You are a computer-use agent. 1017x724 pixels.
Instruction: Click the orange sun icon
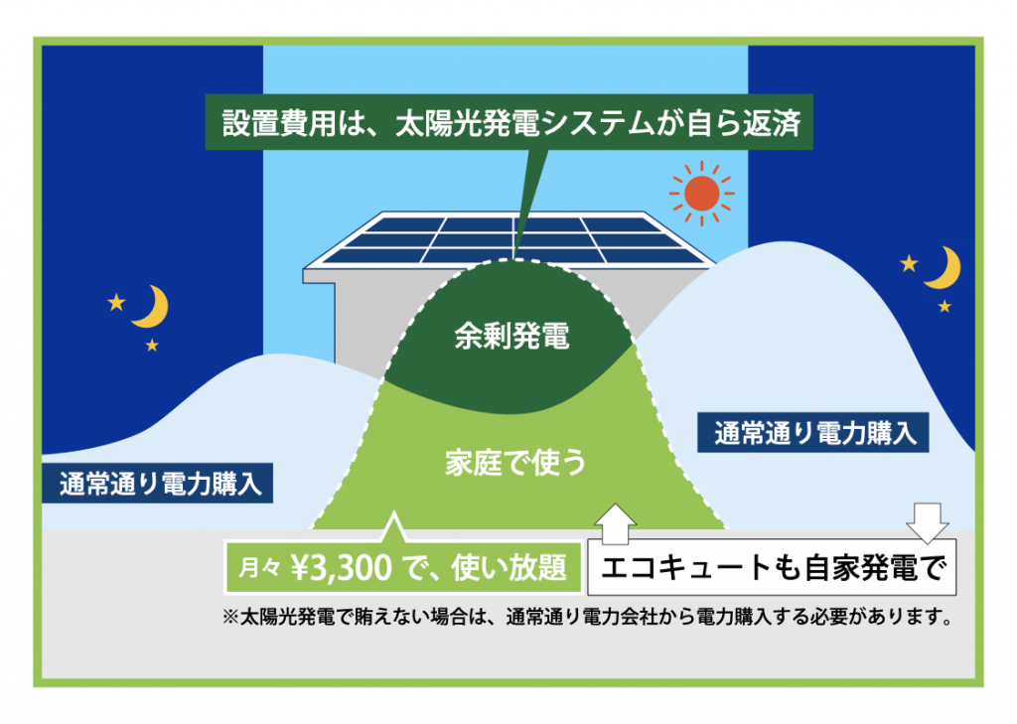[702, 194]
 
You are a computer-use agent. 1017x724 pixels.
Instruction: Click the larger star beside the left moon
[117, 302]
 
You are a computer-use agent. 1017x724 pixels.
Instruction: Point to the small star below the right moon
[944, 306]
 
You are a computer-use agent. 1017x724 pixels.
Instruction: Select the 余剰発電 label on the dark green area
[511, 336]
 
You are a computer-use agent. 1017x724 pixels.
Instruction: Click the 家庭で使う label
[515, 463]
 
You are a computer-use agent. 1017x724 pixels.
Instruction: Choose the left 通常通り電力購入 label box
[158, 484]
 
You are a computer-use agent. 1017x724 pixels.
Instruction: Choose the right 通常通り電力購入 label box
[813, 433]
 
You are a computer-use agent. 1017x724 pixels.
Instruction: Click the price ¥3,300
[342, 568]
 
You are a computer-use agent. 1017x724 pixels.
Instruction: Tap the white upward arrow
[615, 523]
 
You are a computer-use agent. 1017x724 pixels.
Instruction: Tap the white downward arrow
[928, 522]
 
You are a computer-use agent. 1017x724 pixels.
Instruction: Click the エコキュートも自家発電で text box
[772, 567]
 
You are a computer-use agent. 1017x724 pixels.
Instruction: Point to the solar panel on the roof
[509, 240]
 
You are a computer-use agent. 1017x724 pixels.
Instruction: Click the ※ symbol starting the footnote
[230, 617]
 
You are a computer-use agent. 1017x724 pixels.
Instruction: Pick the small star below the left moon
[152, 346]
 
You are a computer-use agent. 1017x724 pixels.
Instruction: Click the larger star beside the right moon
[910, 263]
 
